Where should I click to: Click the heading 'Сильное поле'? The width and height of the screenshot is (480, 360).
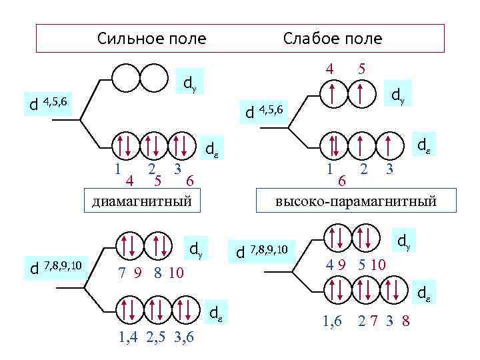[x=151, y=39]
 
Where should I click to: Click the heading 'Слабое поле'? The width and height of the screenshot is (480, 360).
[x=333, y=39]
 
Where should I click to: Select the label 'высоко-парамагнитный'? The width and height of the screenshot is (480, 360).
[x=357, y=200]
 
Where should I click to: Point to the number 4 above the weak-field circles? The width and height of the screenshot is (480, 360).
[x=329, y=68]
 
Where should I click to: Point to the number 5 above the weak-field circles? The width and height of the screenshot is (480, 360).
[x=361, y=68]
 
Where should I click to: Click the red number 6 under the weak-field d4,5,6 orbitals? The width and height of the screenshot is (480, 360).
[x=342, y=181]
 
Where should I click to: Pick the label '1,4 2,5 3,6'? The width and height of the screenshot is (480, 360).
[x=155, y=337]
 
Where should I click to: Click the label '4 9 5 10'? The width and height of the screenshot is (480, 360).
[x=355, y=264]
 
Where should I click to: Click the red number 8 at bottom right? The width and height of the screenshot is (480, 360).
[x=406, y=323]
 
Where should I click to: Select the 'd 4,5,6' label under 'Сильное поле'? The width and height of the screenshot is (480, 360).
[x=45, y=103]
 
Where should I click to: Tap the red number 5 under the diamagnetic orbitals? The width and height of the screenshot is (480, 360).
[x=157, y=179]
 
